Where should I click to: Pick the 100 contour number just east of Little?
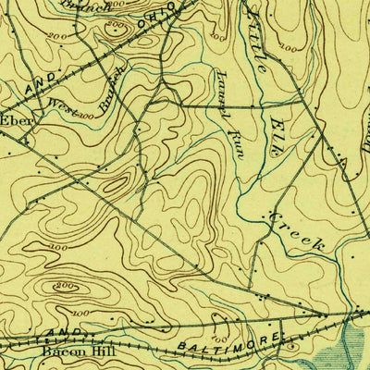pos(290,45)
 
